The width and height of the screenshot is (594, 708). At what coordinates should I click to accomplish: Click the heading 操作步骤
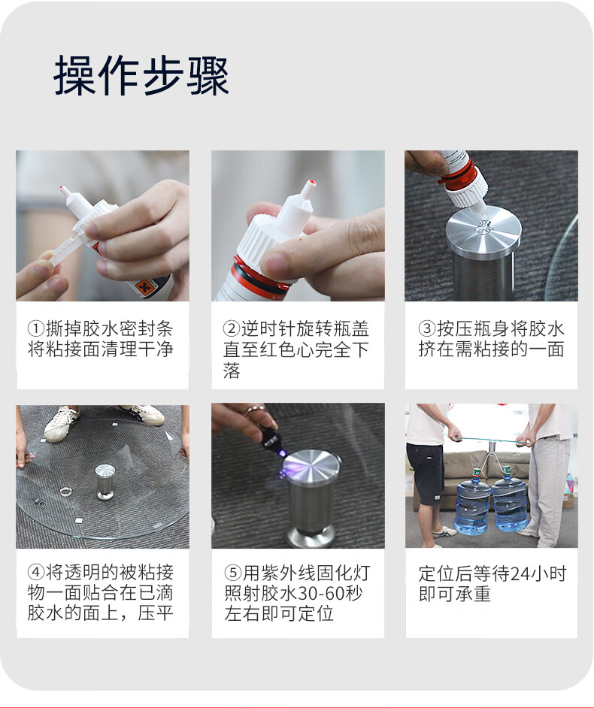pos(141,75)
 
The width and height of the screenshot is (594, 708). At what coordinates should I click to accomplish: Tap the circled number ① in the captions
pos(36,328)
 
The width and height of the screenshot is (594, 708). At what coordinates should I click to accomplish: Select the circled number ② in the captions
pos(232,328)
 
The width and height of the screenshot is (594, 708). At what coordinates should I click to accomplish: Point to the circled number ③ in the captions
pos(426,328)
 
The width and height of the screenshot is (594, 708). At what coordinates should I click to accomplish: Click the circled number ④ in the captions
pos(36,573)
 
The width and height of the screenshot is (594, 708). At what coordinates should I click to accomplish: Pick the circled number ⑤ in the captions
pos(233,573)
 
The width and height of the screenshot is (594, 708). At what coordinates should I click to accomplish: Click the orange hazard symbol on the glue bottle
pos(144,286)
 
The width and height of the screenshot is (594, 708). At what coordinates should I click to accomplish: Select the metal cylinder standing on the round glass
pos(105,483)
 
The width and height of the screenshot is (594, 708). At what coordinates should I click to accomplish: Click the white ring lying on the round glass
pos(66,491)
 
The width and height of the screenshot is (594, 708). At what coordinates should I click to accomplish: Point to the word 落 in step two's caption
pos(232,371)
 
